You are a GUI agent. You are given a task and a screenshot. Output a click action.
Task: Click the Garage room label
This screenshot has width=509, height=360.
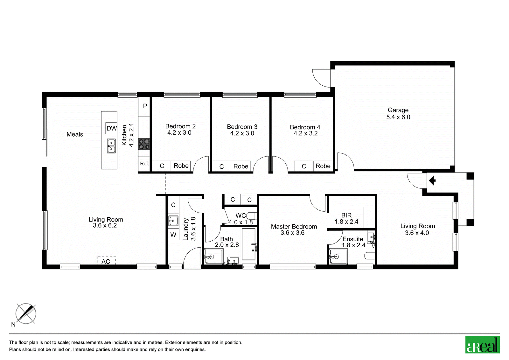pos(398,110)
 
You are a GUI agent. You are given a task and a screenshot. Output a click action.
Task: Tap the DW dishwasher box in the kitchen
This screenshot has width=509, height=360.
pos(111,128)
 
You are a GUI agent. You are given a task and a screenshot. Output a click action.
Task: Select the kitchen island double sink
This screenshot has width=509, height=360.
pos(111,146)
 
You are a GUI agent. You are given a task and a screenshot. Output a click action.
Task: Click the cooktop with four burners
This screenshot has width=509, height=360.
pos(144,144)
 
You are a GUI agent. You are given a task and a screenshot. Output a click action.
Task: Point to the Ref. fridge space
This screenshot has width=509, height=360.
pos(144,164)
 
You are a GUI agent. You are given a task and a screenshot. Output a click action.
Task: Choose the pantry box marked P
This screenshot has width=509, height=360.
pos(144,106)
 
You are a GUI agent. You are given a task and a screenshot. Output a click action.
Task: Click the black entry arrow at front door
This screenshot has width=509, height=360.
pos(432,180)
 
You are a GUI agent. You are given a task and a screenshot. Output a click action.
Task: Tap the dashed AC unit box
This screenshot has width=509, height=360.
pos(106,261)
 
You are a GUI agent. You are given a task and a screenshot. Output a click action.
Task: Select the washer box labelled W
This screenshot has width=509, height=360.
pos(173,235)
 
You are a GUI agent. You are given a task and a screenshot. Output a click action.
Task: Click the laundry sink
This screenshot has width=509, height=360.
pos(173,221)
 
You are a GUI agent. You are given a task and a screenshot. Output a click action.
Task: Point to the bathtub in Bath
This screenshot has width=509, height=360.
pos(249,244)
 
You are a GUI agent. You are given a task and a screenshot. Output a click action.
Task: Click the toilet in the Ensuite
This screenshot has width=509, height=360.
pos(369,256)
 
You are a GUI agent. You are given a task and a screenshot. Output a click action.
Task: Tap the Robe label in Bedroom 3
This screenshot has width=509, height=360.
pos(241,166)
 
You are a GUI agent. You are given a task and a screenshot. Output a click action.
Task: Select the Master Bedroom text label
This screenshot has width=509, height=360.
pos(294,227)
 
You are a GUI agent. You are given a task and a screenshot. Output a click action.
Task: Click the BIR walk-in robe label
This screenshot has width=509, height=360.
pos(346,215)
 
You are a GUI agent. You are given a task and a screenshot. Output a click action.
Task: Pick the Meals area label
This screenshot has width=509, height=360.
pos(75,134)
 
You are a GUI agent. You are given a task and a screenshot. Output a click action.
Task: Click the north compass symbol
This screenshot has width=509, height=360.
pos(26,314)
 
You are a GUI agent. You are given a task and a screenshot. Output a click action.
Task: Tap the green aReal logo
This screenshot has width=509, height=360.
pos(482,345)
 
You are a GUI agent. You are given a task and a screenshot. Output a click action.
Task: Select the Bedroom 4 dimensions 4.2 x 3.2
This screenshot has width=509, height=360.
pos(305,133)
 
